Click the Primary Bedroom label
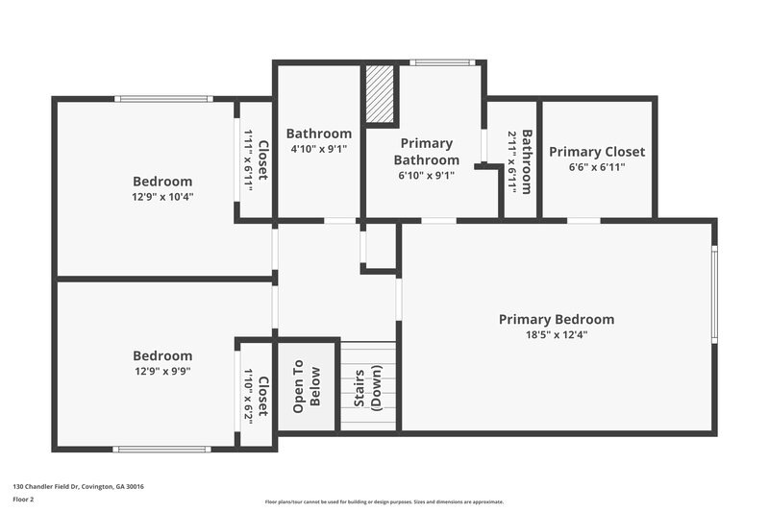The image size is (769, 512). point(556,319)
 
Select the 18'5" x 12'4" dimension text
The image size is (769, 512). point(556,335)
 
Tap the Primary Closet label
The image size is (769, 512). point(597,152)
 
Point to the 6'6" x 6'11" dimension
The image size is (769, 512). point(597,167)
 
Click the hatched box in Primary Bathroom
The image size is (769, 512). point(381,94)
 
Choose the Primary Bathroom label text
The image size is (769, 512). point(426,152)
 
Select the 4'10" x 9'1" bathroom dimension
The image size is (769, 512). point(318,149)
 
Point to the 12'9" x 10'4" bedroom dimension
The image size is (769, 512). point(161,197)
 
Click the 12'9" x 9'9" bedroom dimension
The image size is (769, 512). point(161,371)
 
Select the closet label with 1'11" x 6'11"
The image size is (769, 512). point(262,160)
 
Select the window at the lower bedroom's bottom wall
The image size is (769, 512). point(160,449)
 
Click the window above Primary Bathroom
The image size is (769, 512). point(441,63)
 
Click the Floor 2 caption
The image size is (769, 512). point(23,500)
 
